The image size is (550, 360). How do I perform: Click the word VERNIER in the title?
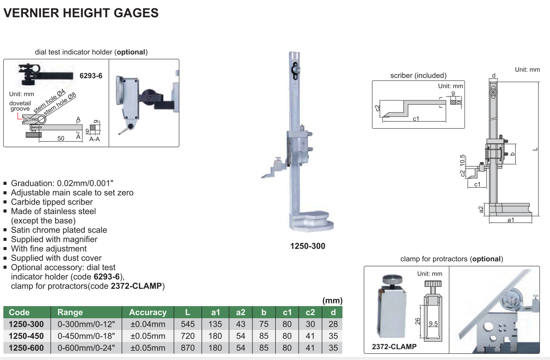click(31, 13)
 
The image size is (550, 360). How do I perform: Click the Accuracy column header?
click(148, 312)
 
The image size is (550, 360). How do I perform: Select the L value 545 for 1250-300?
click(188, 324)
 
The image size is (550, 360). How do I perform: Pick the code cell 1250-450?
click(26, 336)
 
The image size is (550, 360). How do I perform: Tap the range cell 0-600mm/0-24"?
click(86, 348)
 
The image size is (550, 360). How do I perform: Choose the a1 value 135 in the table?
click(215, 324)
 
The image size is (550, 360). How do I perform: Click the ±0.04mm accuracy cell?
click(148, 324)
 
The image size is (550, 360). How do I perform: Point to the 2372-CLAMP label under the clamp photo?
click(394, 347)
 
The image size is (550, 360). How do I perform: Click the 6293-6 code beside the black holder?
click(91, 76)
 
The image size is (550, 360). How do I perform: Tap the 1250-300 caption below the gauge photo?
click(308, 246)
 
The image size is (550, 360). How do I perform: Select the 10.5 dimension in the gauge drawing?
click(462, 160)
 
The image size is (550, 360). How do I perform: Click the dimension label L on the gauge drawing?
click(535, 149)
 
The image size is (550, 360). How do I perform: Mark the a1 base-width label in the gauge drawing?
click(511, 220)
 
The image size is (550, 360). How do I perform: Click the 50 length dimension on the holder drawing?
click(61, 138)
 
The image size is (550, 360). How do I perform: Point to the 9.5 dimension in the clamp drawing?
click(433, 323)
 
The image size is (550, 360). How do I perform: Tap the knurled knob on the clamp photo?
click(392, 279)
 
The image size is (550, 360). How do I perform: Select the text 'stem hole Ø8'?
click(60, 104)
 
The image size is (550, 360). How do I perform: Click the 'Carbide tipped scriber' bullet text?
click(52, 202)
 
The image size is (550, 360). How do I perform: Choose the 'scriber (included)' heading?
click(418, 75)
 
